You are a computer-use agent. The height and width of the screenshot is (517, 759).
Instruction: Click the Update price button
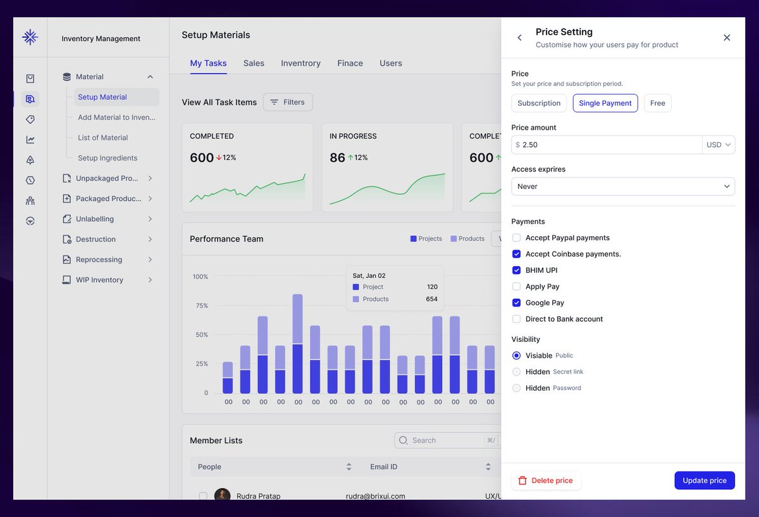click(704, 480)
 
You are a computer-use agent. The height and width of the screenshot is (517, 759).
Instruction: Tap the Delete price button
click(545, 480)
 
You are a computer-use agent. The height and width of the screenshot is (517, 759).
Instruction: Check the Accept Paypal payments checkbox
click(517, 238)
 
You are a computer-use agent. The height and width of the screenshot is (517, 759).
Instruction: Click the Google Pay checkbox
click(517, 303)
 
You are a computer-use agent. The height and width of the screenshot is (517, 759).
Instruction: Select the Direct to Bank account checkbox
click(517, 319)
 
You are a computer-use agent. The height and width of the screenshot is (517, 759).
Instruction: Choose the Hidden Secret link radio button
click(517, 372)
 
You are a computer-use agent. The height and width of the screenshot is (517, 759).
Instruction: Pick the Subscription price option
click(539, 103)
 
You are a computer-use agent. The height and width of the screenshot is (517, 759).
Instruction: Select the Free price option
click(657, 103)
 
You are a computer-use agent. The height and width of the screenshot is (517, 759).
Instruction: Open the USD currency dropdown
click(719, 145)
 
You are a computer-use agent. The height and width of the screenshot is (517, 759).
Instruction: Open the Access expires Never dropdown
click(622, 186)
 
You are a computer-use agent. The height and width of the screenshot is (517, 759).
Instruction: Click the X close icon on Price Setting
click(727, 38)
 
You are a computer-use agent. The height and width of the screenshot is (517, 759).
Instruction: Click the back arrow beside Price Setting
click(520, 38)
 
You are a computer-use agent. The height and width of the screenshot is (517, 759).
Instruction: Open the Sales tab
click(254, 63)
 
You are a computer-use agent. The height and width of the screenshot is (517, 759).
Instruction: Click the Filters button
click(288, 102)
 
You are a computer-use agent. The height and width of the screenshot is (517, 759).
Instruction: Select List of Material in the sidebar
click(103, 138)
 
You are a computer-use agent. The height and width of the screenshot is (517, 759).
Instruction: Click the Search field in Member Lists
click(443, 441)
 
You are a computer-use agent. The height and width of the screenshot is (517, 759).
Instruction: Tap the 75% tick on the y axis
click(201, 306)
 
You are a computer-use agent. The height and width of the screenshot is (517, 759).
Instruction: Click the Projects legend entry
click(426, 239)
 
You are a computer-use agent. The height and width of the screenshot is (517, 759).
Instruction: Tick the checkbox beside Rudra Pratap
click(203, 496)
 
